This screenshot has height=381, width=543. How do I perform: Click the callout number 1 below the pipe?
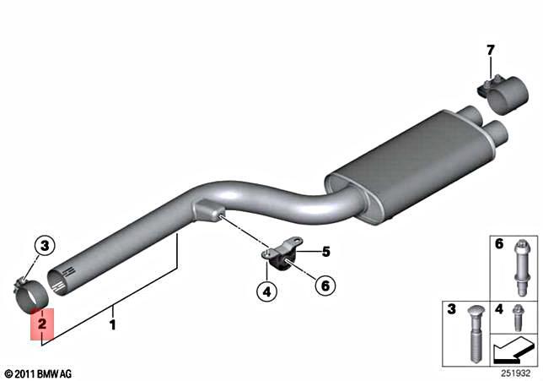click(111, 322)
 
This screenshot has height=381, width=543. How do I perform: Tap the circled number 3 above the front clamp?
click(46, 246)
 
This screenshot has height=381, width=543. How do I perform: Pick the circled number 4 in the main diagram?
click(266, 293)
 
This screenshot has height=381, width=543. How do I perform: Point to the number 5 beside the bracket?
click(325, 251)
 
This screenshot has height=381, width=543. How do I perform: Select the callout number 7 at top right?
click(491, 50)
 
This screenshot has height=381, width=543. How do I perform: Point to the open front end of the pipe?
click(59, 279)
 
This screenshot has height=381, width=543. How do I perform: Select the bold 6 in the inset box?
click(499, 245)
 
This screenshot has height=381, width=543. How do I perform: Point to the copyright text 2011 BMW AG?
click(39, 373)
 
